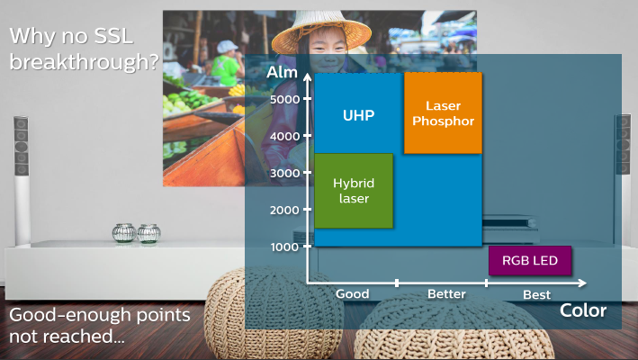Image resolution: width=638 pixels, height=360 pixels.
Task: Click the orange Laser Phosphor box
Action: pyautogui.click(x=443, y=113)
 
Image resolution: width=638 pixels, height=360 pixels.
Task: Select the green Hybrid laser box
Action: pyautogui.click(x=354, y=191)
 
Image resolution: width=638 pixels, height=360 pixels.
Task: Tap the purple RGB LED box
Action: pyautogui.click(x=530, y=260)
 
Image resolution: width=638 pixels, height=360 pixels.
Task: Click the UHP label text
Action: pyautogui.click(x=358, y=115)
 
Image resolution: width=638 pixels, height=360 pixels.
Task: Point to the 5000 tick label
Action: pyautogui.click(x=285, y=99)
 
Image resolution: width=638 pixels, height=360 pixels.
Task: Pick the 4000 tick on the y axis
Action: pyautogui.click(x=285, y=136)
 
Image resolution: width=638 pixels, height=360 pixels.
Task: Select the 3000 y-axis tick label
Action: pyautogui.click(x=285, y=174)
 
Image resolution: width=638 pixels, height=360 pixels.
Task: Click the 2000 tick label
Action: pyautogui.click(x=285, y=211)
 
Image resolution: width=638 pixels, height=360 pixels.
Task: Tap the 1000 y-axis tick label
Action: pyautogui.click(x=285, y=247)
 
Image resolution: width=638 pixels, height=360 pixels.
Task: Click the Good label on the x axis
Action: pyautogui.click(x=353, y=293)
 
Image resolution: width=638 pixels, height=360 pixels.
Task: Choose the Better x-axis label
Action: pyautogui.click(x=446, y=293)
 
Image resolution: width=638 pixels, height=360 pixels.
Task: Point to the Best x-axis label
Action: pyautogui.click(x=536, y=294)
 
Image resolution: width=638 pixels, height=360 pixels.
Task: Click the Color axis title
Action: pyautogui.click(x=583, y=310)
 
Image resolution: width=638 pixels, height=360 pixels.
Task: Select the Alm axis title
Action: pyautogui.click(x=282, y=72)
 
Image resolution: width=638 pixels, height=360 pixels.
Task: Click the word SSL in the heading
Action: pyautogui.click(x=113, y=36)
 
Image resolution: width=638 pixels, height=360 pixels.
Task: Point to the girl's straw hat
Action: pyautogui.click(x=321, y=31)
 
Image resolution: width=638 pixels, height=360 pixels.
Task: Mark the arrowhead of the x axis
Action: pyautogui.click(x=582, y=283)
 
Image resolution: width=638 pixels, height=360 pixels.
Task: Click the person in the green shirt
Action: pyautogui.click(x=226, y=63)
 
